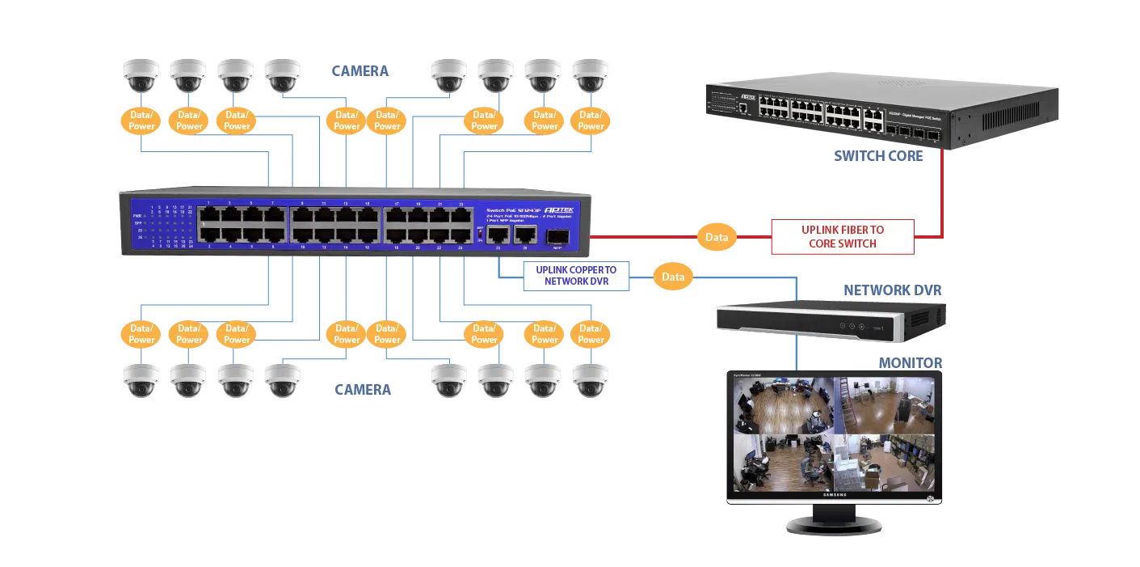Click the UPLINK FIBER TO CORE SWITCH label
(x=842, y=236)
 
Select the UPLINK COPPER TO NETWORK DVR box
(x=575, y=276)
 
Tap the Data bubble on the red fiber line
(x=717, y=237)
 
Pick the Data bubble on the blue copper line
(x=673, y=277)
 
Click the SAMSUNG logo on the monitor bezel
(x=835, y=495)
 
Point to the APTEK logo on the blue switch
(x=557, y=208)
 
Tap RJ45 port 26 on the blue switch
(x=526, y=235)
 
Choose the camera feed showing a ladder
(x=885, y=405)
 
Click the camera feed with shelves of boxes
(x=885, y=462)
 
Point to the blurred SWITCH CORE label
(x=878, y=155)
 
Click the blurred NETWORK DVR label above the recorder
(x=891, y=290)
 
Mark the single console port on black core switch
(x=742, y=107)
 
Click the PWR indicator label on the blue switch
(x=137, y=216)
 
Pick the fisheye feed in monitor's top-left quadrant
(x=783, y=405)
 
